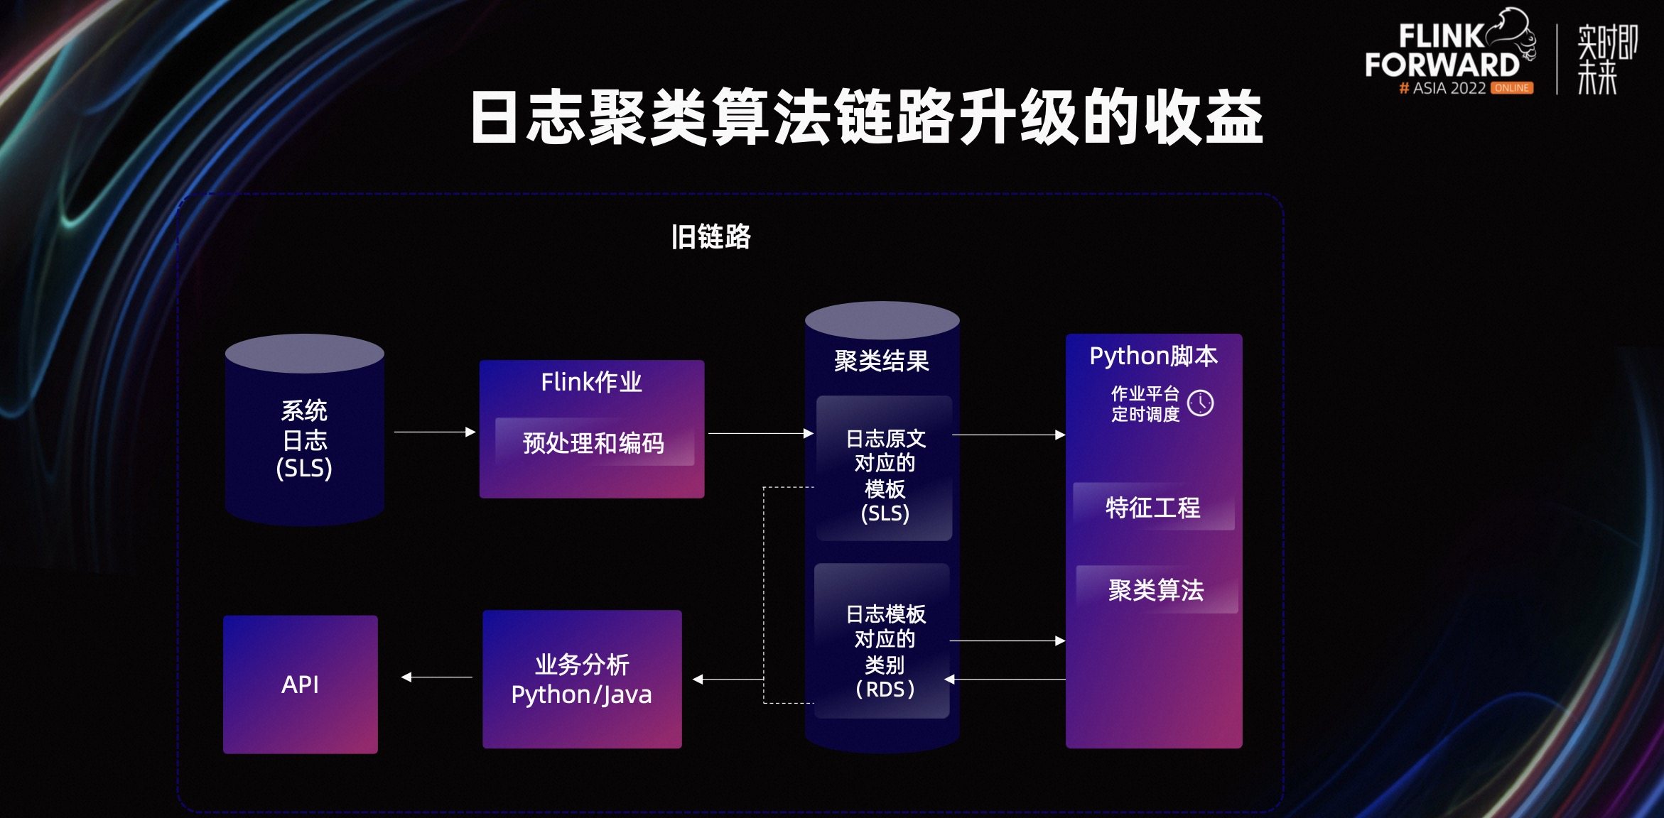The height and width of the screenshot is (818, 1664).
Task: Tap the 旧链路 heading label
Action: (x=711, y=236)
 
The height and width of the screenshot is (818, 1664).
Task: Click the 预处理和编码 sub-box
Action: (x=594, y=442)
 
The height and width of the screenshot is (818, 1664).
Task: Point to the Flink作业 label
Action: (x=591, y=383)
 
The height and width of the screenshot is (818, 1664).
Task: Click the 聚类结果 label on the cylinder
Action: (x=881, y=361)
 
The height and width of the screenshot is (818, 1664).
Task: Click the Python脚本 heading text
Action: (x=1153, y=356)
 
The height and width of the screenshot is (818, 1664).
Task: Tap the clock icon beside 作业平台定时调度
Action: (x=1200, y=403)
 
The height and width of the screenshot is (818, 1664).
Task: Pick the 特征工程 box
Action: (x=1153, y=507)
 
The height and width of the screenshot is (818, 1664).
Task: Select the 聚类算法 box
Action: (x=1156, y=589)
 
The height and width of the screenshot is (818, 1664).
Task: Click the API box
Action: (x=301, y=684)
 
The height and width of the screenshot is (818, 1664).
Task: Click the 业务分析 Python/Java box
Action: (x=582, y=679)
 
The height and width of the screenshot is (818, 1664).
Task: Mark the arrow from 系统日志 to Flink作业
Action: (x=433, y=432)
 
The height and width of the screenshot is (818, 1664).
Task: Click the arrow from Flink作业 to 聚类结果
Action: (x=760, y=433)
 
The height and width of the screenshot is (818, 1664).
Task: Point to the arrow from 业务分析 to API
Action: (x=436, y=677)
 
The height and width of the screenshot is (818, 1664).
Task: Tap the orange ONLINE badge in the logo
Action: (x=1511, y=88)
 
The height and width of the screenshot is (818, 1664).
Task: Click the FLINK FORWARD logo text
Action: (x=1442, y=52)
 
